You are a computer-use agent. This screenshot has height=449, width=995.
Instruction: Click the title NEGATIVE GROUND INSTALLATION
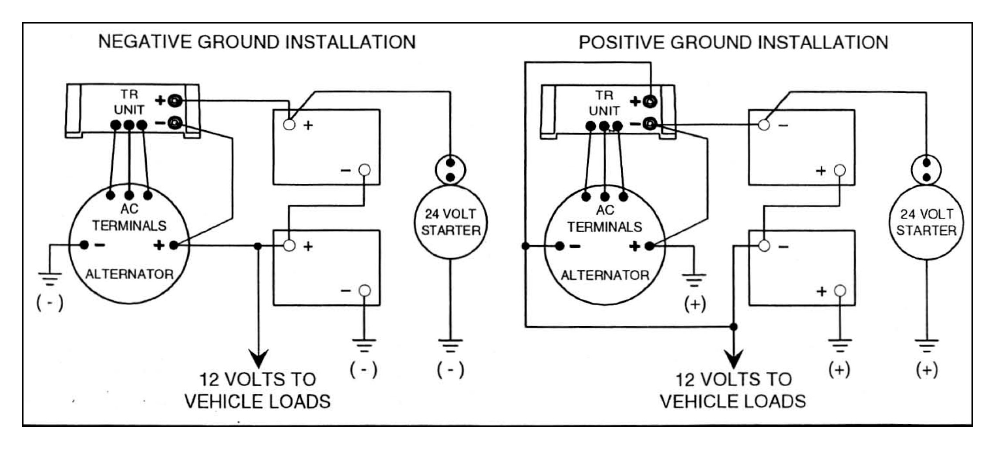[256, 42]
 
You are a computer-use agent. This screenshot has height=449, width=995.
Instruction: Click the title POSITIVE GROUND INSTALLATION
[733, 43]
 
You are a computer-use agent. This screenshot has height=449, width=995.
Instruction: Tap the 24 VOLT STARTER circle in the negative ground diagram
[451, 222]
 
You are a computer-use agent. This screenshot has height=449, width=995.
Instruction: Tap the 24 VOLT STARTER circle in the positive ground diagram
[926, 222]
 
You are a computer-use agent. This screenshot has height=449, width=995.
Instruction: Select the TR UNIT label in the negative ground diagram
[129, 102]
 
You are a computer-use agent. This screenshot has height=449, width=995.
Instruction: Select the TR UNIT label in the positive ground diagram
[604, 103]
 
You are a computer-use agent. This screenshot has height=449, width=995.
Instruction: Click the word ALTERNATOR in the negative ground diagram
[129, 274]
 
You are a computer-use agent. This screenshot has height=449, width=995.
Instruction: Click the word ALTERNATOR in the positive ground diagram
[605, 275]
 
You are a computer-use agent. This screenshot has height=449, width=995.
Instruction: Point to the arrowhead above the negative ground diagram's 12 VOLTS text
[259, 360]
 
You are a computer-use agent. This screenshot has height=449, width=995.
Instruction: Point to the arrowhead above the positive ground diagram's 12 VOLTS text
[734, 360]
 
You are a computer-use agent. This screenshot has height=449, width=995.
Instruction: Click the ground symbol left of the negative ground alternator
[50, 278]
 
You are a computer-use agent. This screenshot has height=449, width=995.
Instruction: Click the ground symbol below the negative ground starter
[451, 345]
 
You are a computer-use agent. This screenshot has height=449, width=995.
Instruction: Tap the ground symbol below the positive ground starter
[927, 345]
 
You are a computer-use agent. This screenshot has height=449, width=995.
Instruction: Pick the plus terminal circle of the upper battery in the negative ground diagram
[289, 125]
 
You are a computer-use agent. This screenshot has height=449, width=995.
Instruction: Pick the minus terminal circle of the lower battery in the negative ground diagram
[364, 290]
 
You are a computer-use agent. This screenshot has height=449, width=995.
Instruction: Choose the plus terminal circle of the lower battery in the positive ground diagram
[840, 290]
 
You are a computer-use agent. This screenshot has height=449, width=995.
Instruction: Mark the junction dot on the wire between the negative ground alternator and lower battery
[258, 246]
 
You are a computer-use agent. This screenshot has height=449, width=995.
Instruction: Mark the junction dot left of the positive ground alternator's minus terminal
[525, 246]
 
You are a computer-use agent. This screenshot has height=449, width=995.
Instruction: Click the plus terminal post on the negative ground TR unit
[175, 101]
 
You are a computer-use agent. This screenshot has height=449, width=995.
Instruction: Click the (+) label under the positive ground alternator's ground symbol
[695, 304]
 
